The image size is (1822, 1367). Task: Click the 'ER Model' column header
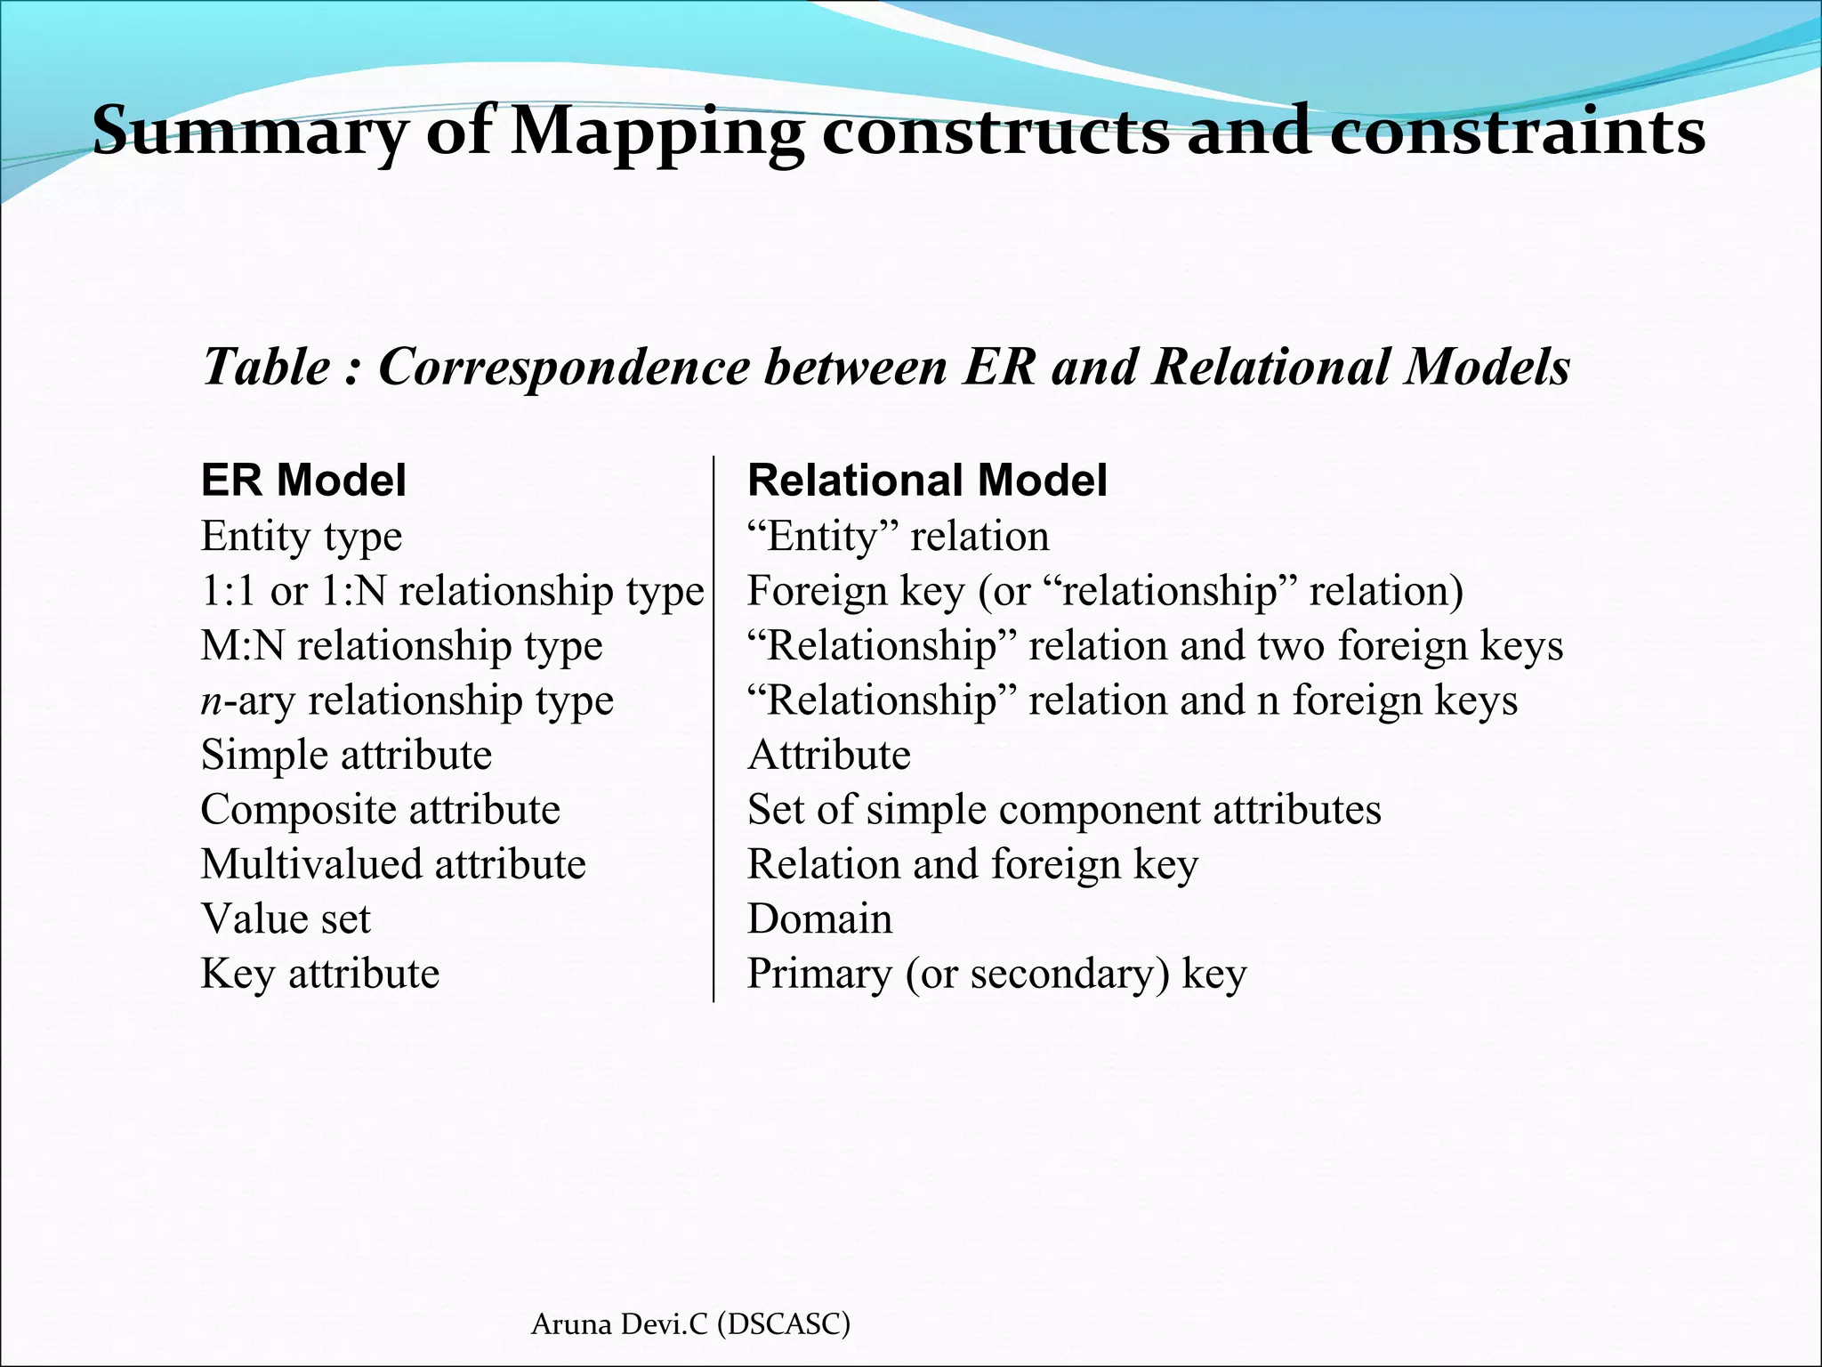(x=303, y=481)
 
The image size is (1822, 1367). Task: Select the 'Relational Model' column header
(x=927, y=481)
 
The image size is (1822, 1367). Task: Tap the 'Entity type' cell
(x=302, y=537)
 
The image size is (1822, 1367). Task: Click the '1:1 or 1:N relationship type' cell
(x=452, y=592)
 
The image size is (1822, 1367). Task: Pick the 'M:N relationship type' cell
(x=401, y=646)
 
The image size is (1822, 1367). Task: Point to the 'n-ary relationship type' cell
(x=407, y=701)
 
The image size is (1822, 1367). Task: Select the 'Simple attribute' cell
(x=346, y=756)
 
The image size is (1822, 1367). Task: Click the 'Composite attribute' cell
(x=381, y=810)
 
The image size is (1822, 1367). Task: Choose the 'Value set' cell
(x=286, y=919)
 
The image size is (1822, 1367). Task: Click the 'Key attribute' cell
(x=320, y=974)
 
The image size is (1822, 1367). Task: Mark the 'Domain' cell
(x=819, y=919)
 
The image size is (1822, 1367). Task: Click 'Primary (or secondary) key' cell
(x=996, y=974)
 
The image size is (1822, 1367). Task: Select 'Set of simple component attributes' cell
(x=1064, y=810)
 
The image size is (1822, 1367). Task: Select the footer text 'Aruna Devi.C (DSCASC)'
(x=690, y=1324)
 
